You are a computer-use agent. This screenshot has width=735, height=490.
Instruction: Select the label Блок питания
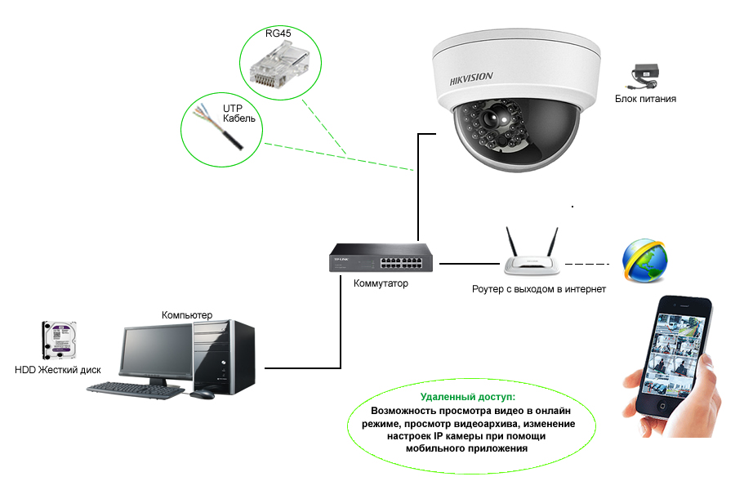tap(645, 99)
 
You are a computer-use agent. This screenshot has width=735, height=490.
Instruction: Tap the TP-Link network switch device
tap(381, 260)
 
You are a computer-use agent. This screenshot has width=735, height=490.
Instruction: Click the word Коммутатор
tap(381, 283)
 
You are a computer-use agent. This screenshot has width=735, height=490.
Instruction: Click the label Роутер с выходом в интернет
tap(539, 289)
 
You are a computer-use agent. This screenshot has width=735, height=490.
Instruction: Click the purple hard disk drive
tap(59, 341)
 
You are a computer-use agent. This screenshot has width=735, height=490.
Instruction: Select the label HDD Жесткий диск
tap(58, 370)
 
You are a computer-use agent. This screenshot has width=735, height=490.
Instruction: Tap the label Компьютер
tap(187, 315)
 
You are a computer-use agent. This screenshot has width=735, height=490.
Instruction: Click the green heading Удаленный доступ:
tap(462, 396)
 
